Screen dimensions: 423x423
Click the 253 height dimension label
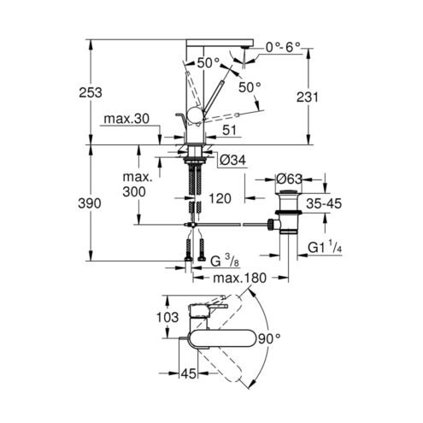pyautogui.click(x=91, y=92)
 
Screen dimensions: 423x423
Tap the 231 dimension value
pyautogui.click(x=308, y=97)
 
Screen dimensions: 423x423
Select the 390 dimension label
pyautogui.click(x=90, y=203)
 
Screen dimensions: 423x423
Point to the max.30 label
pyautogui.click(x=126, y=119)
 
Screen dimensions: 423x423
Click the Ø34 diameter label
pyautogui.click(x=232, y=161)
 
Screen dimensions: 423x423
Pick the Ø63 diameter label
pyautogui.click(x=289, y=179)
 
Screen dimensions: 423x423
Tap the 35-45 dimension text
pyautogui.click(x=324, y=203)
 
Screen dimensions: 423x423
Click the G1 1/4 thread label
pyautogui.click(x=325, y=247)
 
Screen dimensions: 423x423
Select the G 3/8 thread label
pyautogui.click(x=225, y=261)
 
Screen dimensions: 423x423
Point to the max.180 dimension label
pyautogui.click(x=240, y=278)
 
